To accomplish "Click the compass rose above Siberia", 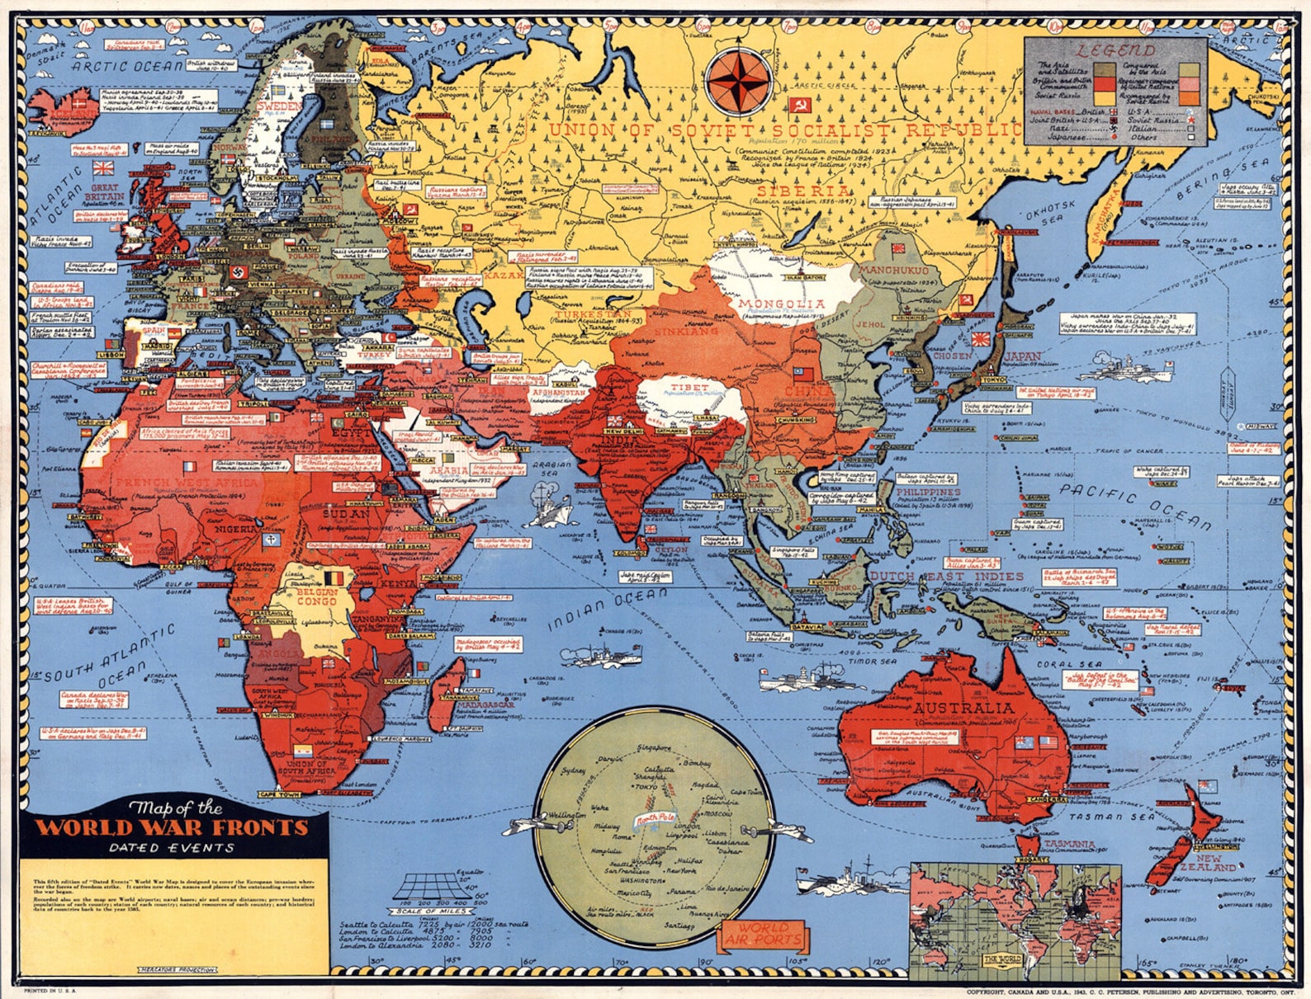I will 741,80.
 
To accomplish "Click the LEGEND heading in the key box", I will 1115,50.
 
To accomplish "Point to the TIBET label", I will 689,387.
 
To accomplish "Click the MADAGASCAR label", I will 485,704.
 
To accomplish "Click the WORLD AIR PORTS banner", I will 763,934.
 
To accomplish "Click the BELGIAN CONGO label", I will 316,596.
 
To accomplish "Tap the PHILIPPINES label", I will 928,492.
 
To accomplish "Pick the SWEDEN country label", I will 279,107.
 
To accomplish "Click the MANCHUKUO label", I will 894,270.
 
